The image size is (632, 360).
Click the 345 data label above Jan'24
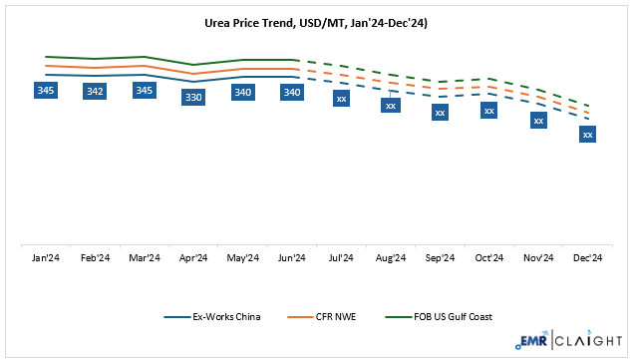point(45,91)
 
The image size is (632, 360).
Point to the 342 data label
point(95,92)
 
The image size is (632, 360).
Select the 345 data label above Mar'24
point(145,91)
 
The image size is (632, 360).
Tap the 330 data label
point(193,97)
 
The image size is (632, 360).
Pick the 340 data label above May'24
point(243,93)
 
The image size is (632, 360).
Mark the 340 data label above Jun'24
point(292,93)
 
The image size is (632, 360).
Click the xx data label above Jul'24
point(342,99)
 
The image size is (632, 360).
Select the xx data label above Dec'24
point(587,134)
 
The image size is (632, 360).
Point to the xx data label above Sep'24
point(440,113)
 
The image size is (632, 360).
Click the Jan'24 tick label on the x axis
point(46,257)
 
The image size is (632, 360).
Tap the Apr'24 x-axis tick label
point(193,257)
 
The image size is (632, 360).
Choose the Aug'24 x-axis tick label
point(391,257)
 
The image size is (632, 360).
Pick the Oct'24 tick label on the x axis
point(489,257)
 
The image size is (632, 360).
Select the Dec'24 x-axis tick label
point(587,257)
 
